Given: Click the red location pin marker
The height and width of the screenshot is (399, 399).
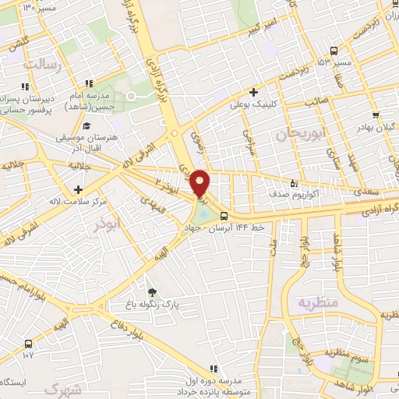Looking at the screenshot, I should (x=200, y=183).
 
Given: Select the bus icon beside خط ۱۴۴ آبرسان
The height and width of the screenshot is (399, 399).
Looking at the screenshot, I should (x=224, y=216).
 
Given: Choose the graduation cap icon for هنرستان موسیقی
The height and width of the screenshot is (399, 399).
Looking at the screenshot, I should (x=87, y=125).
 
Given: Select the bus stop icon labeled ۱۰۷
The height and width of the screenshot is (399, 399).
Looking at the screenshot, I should (x=29, y=343).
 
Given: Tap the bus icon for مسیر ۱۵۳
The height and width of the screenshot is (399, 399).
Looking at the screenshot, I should (x=334, y=50).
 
